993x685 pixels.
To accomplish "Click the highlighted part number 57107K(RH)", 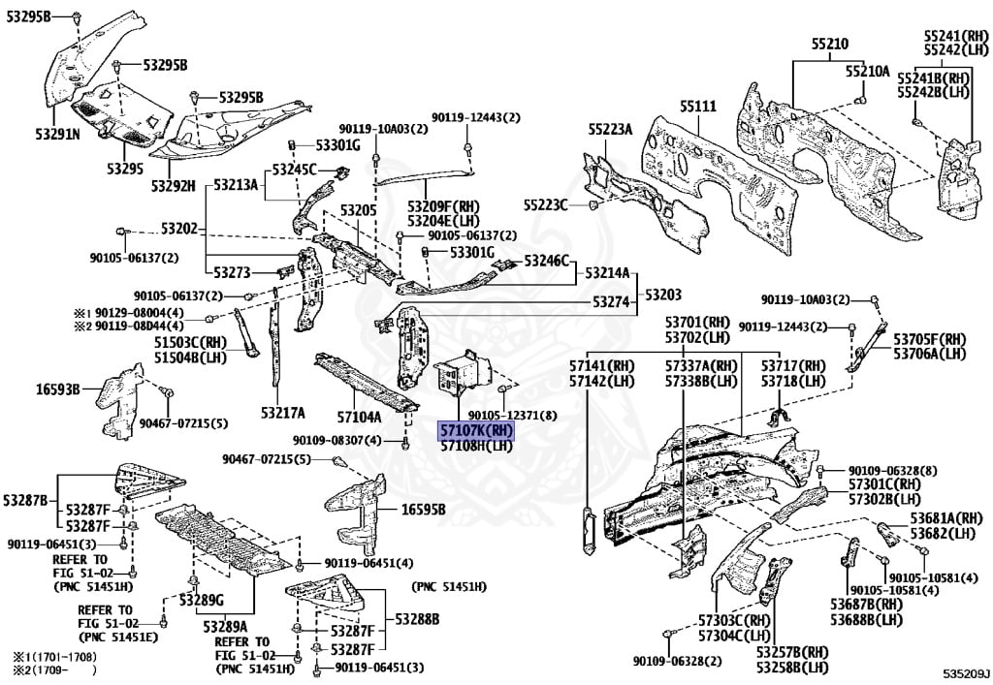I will [475, 429].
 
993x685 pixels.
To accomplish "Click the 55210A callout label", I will [866, 71].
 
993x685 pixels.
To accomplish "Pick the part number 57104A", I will [359, 417].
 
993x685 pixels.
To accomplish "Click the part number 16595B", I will [424, 510].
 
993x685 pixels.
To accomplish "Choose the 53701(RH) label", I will [696, 322].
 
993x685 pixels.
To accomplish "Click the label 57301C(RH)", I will [883, 484].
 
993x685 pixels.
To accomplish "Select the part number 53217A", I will [282, 413].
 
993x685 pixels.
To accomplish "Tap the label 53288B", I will [417, 618].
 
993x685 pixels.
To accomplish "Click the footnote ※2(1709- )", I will [55, 669].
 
